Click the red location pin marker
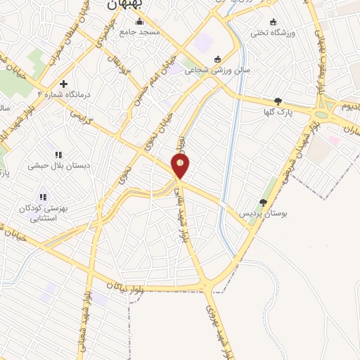[x=181, y=166]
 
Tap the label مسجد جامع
[x=139, y=32]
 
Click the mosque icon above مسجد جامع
[x=139, y=22]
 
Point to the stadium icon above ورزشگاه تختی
[x=273, y=22]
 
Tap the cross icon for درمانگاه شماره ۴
[x=63, y=84]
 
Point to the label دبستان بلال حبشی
[x=56, y=166]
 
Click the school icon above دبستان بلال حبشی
[x=58, y=155]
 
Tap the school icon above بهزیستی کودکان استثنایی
[x=43, y=198]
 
